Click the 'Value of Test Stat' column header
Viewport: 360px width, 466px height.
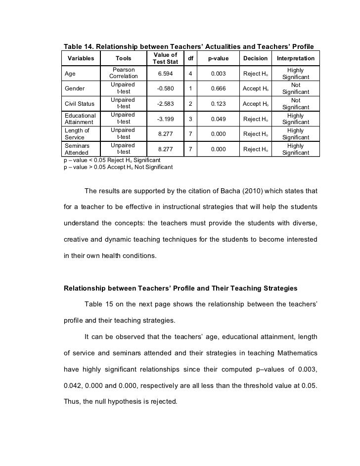pos(166,58)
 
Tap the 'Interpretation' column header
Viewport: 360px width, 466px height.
pos(295,58)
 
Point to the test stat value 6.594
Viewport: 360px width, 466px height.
pos(166,74)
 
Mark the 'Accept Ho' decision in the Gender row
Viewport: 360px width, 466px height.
pos(255,89)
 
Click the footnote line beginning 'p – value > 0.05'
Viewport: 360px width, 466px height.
pos(118,168)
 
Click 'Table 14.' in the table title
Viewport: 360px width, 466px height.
pos(78,46)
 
